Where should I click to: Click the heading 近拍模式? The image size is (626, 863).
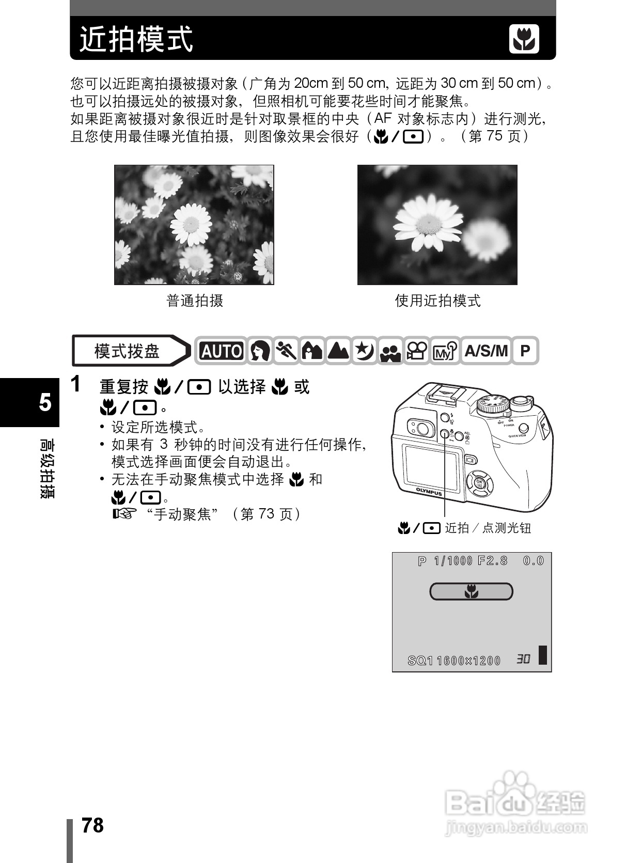coord(136,39)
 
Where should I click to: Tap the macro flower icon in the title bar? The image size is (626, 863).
coord(524,39)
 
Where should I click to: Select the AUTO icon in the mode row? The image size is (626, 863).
coord(221,351)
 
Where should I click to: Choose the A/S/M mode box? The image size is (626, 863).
coord(486,351)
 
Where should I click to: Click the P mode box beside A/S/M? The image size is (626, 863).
coord(525,351)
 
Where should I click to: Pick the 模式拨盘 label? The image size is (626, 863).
coord(127,351)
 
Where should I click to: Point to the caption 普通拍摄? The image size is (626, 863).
coord(194,301)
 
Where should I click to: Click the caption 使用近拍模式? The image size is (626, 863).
coord(437,301)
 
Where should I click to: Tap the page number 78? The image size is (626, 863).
coord(92,825)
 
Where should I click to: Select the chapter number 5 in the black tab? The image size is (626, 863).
coord(45,402)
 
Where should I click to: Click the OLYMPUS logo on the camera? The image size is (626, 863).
coord(429,491)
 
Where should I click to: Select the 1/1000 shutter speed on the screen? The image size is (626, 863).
coord(453,561)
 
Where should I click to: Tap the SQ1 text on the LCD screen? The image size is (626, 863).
coord(420,661)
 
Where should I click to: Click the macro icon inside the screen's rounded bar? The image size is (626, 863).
coord(471,591)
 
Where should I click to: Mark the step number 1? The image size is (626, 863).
coord(75,385)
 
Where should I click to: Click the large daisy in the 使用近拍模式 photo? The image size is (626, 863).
coord(428,223)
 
